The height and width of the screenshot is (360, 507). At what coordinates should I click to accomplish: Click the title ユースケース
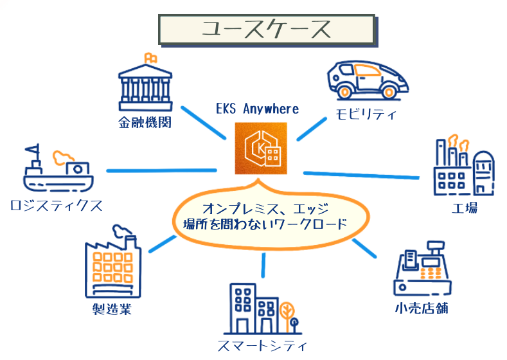(266, 29)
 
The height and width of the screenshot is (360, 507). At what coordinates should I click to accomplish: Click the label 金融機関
(145, 123)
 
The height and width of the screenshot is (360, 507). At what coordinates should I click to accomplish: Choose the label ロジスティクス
(57, 206)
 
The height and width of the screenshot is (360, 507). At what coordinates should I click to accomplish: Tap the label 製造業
(112, 310)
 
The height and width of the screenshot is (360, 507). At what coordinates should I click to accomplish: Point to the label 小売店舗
(422, 308)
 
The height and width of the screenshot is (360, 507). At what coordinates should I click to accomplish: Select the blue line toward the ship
(161, 170)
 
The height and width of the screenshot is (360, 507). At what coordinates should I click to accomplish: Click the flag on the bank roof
(150, 57)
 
